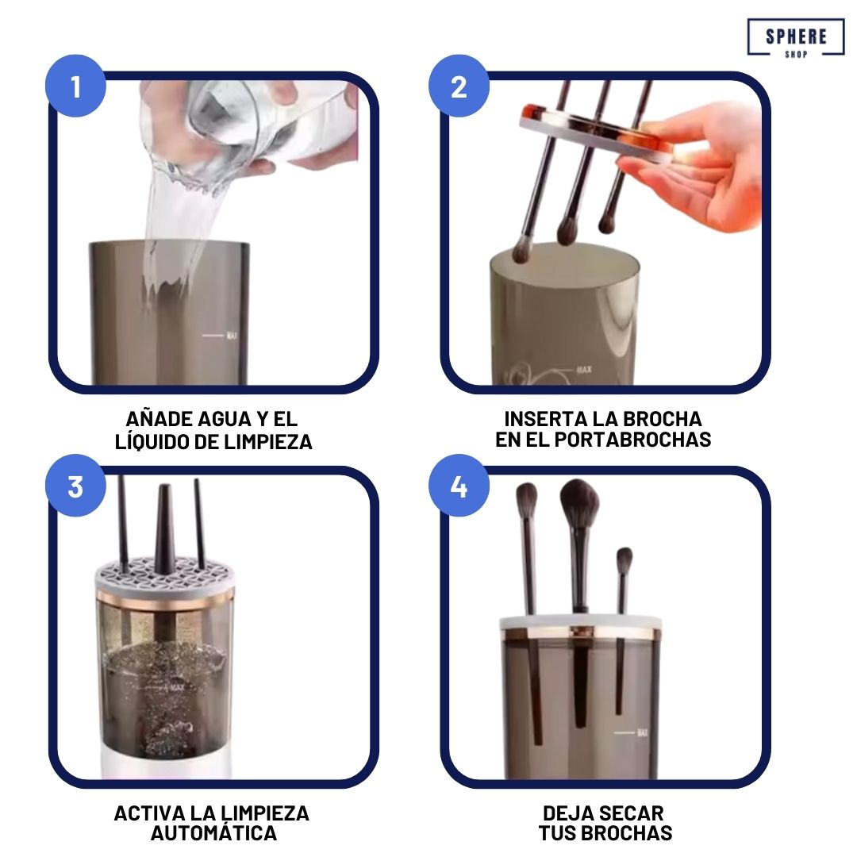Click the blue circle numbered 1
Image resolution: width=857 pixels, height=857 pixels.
pos(75,86)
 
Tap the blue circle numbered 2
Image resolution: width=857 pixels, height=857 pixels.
pos(459,86)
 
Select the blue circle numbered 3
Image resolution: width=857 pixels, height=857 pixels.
pos(75,486)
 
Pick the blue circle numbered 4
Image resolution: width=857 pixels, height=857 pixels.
pos(459,486)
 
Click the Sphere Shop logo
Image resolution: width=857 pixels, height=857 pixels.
pos(795,38)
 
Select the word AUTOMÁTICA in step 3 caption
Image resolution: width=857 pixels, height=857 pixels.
pos(214,833)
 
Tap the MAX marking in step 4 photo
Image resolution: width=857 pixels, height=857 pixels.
pos(641,732)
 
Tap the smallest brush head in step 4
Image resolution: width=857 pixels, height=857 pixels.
pos(624,561)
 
